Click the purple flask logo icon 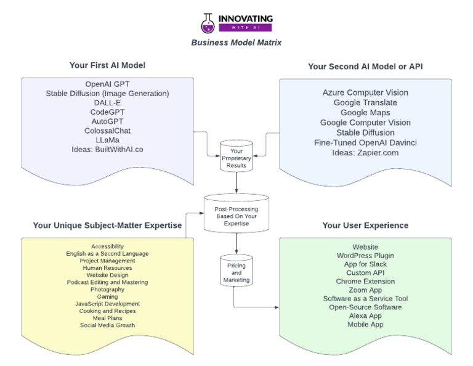click(x=209, y=23)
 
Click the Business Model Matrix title click(x=236, y=43)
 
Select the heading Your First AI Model click(x=107, y=65)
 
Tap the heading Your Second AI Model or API click(x=365, y=66)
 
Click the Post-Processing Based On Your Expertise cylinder click(x=236, y=214)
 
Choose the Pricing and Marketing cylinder click(x=236, y=272)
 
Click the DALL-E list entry click(x=107, y=102)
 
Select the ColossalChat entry click(x=107, y=131)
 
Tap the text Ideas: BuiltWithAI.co click(x=107, y=149)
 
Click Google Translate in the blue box click(x=365, y=102)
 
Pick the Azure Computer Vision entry click(x=365, y=92)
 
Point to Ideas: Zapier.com click(x=365, y=152)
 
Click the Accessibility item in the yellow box click(x=107, y=246)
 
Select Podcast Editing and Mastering click(x=107, y=282)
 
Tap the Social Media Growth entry click(x=107, y=325)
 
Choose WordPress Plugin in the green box click(x=365, y=255)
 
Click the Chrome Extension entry click(x=365, y=281)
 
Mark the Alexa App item click(x=365, y=315)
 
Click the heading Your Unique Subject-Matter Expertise click(x=107, y=226)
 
